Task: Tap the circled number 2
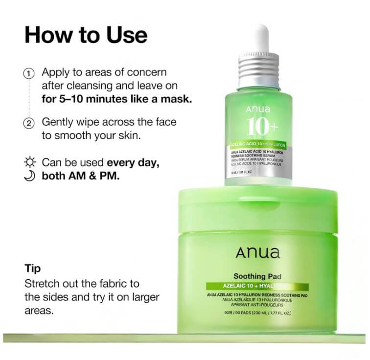[29, 123]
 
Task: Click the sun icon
[30, 162]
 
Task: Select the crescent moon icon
[29, 175]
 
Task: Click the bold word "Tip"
[32, 269]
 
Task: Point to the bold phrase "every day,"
[133, 162]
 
